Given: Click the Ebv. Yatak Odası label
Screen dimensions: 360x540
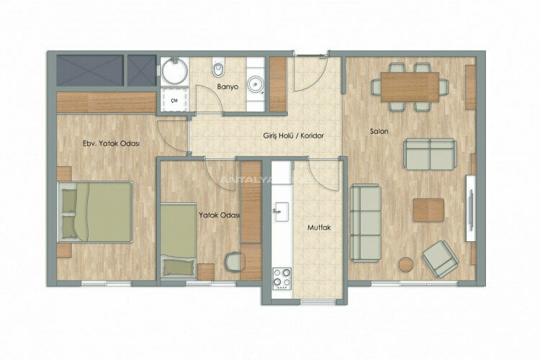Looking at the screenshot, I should pyautogui.click(x=111, y=143).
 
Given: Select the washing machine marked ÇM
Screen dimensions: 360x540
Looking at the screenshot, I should pyautogui.click(x=174, y=101).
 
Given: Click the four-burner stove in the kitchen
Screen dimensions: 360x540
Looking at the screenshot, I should pyautogui.click(x=282, y=275).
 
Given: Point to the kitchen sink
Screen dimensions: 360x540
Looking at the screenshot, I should pyautogui.click(x=281, y=210).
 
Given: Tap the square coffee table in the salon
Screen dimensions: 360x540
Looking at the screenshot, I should pyautogui.click(x=428, y=210).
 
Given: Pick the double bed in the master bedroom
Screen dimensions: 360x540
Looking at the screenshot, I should pyautogui.click(x=96, y=212).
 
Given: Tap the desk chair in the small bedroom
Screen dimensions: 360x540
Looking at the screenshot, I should pyautogui.click(x=233, y=261).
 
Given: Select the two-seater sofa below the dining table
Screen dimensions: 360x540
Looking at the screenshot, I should pyautogui.click(x=429, y=153).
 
